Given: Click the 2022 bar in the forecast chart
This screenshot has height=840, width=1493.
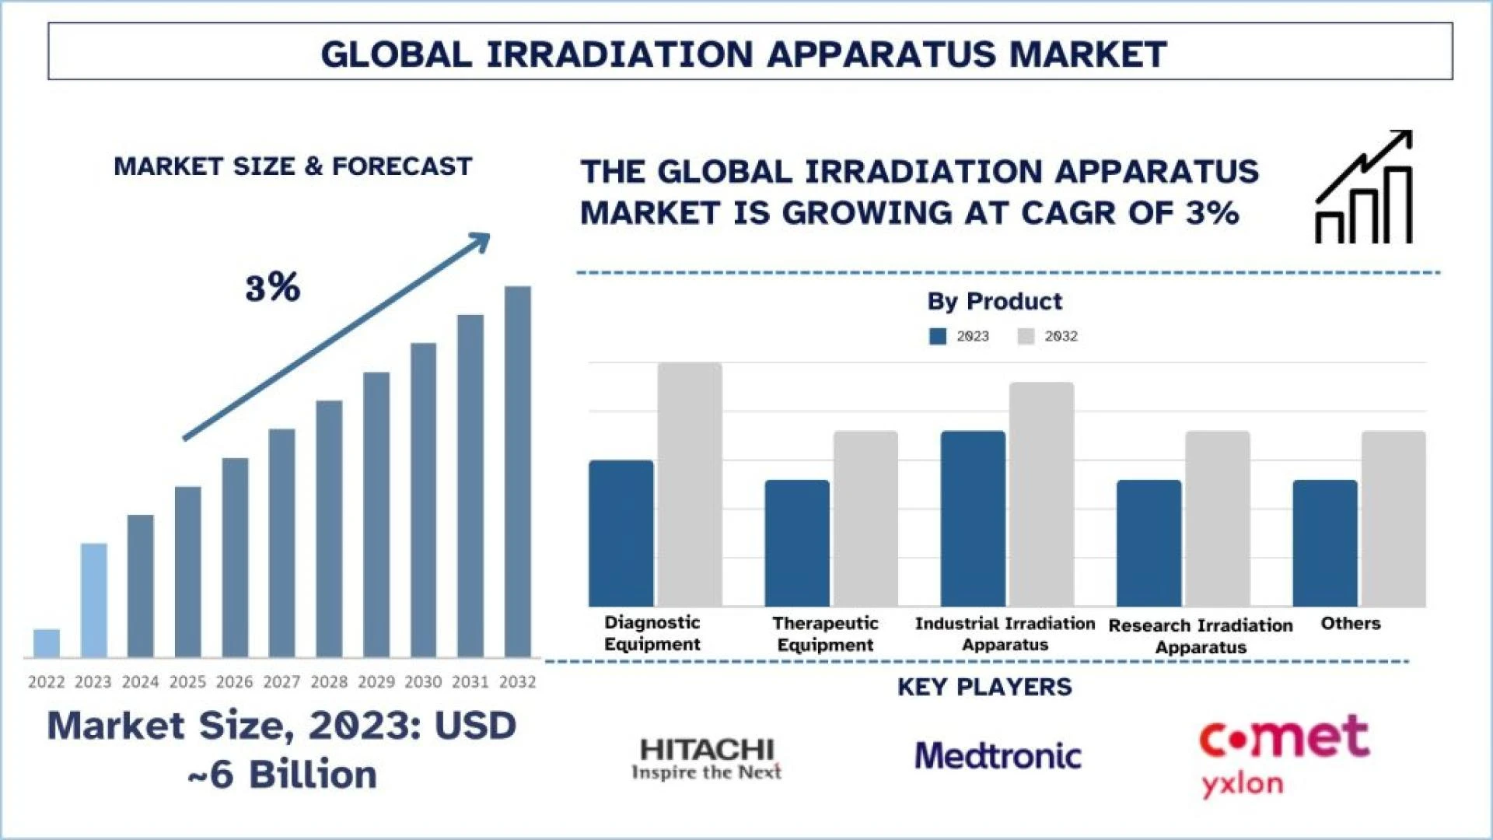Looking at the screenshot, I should pos(47,643).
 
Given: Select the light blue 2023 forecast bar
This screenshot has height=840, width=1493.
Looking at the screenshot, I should pos(94,600).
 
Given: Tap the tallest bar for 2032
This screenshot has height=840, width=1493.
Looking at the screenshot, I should pos(518,471).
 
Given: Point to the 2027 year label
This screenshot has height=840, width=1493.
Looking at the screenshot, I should pos(281,682).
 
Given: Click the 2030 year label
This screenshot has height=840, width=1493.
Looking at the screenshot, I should pos(423,682).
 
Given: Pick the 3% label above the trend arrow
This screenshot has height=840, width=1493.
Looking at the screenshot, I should pos(273,288).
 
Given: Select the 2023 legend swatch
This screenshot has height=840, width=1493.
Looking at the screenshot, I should pos(938,336).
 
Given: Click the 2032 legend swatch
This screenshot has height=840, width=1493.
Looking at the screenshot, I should pos(1026,336).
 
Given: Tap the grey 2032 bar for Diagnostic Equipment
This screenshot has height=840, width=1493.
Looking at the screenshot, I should pos(690,485).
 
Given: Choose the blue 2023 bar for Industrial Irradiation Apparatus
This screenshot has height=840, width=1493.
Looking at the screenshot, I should pos(973,519).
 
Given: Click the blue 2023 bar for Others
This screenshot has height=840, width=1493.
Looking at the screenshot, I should pos(1325,543).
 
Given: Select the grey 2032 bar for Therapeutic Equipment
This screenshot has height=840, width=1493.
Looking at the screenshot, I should pos(865,519).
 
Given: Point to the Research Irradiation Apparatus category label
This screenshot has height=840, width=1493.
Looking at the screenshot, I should pos(1201,636).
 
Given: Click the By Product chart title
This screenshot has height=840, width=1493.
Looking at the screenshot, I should pos(995,301).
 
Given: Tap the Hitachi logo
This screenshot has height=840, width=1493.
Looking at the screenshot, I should pos(707,759).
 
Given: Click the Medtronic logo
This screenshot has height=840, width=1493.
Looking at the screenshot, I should pos(998,756).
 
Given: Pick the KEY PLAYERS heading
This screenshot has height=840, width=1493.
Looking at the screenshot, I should pos(984,687).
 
